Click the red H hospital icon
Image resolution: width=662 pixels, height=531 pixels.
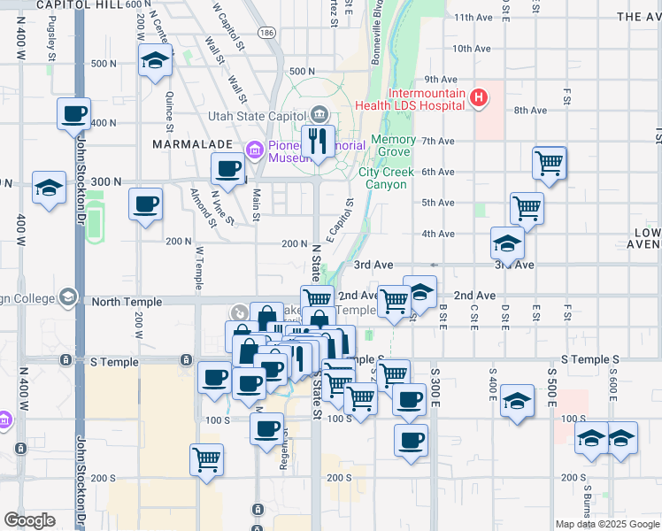point(478,97)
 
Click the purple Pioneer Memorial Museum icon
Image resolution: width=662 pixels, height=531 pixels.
point(256,150)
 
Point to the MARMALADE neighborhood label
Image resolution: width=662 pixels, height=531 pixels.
point(192,143)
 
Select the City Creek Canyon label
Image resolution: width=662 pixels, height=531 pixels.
point(383,178)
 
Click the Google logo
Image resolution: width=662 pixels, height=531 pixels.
point(29,520)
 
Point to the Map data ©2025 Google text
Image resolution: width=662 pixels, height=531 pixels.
point(606,524)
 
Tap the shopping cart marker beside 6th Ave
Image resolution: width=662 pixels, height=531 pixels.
point(550,163)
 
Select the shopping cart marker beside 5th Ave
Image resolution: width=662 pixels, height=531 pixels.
point(527,209)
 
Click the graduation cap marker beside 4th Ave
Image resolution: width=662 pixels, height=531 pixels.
point(507,242)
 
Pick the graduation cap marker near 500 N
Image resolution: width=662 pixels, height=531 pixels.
point(155,62)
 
